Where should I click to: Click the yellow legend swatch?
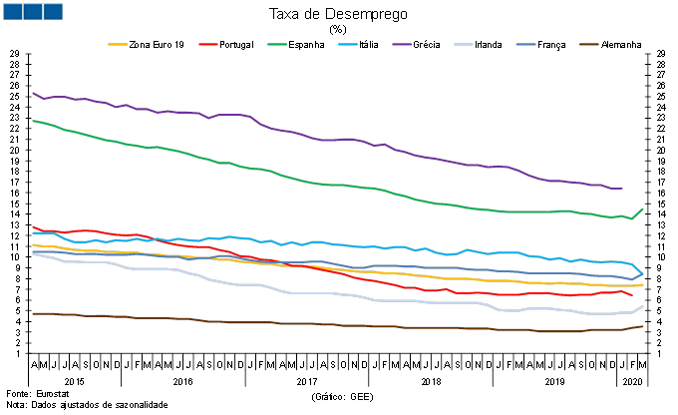tap(118, 44)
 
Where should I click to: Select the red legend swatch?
tap(207, 44)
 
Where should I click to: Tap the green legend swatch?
tap(277, 44)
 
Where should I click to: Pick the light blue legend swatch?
tap(347, 44)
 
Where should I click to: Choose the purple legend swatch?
tap(402, 44)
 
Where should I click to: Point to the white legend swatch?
tap(464, 44)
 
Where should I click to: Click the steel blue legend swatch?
tap(525, 44)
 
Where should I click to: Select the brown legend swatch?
tap(588, 44)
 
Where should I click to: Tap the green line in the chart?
tap(299, 179)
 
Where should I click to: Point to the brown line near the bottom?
tap(299, 323)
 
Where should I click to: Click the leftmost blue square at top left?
tap(12, 11)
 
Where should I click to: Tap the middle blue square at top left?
tap(32, 11)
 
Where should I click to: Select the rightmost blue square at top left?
tap(52, 11)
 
